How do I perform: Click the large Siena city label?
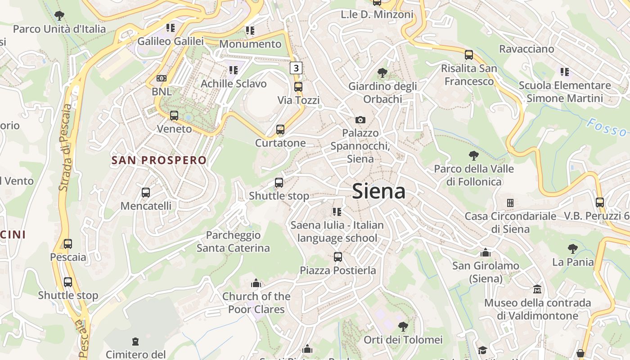click(378, 191)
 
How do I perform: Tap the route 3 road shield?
click(296, 68)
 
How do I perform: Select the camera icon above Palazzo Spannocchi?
click(360, 120)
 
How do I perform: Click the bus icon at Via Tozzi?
click(298, 87)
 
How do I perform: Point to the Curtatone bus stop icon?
click(280, 130)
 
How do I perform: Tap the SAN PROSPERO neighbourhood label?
click(159, 160)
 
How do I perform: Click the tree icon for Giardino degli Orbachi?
click(382, 72)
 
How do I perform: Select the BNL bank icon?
click(162, 78)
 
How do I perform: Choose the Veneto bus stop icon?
click(174, 116)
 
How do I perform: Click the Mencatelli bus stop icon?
click(146, 193)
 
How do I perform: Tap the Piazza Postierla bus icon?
click(338, 257)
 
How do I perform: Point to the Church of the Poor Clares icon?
click(256, 283)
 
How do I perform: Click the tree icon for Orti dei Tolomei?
click(403, 326)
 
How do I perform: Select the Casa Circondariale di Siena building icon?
click(510, 203)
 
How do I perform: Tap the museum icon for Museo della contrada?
click(537, 289)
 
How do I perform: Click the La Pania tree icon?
click(573, 248)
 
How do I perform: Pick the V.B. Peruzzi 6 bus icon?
click(599, 202)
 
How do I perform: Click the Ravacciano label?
click(526, 49)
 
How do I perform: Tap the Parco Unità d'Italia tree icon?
click(59, 16)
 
